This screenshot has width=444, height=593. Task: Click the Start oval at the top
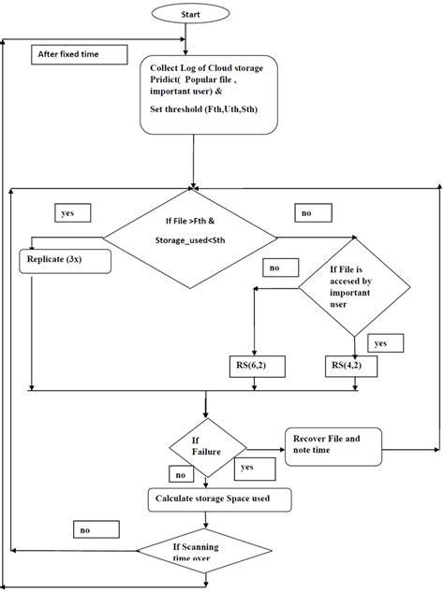pos(189,16)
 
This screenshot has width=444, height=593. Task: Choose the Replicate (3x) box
pos(65,260)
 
